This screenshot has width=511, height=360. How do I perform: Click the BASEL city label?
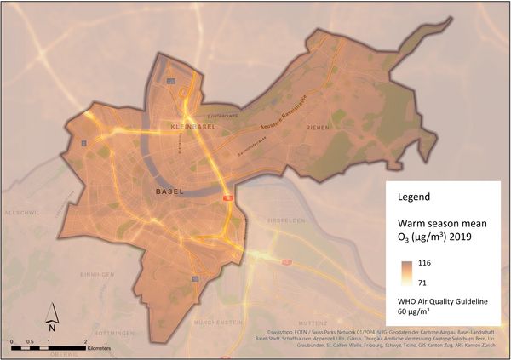[x=169, y=192]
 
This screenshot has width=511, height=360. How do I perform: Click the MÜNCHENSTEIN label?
[x=220, y=323]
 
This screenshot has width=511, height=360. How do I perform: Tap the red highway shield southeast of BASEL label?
[x=228, y=197]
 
